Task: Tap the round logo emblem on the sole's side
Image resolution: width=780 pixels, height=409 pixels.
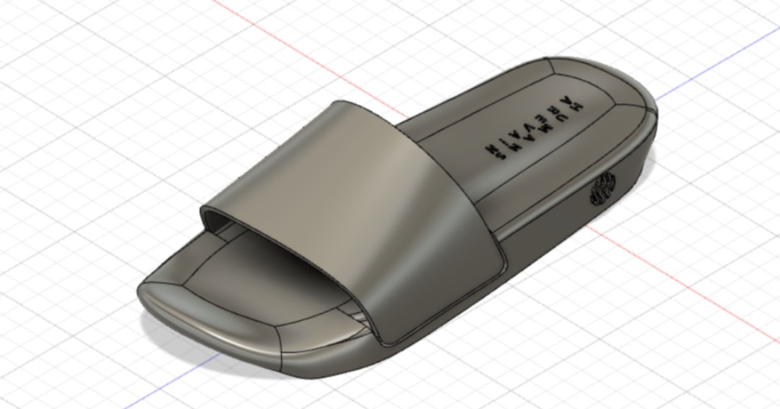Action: point(602,189)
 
